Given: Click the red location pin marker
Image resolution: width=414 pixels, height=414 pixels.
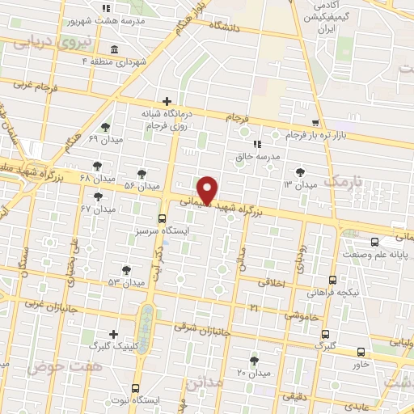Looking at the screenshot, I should point(209,189).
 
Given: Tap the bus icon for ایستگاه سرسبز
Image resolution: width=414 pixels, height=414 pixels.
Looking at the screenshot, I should point(163,218).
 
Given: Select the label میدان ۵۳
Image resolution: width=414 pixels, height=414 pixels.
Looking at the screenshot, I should point(125,282).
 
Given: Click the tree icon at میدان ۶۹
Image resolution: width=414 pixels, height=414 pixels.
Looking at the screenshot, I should point(106,127).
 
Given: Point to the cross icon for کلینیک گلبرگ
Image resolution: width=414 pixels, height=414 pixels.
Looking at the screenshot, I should point(113,334).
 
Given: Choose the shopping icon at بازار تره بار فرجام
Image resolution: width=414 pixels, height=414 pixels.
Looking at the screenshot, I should point(315,121).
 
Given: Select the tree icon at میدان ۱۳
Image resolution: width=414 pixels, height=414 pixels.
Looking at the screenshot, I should point(301,171).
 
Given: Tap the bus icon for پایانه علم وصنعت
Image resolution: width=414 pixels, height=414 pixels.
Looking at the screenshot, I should point(373,242).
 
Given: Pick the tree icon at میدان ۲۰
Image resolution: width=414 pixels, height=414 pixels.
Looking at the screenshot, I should point(255,360).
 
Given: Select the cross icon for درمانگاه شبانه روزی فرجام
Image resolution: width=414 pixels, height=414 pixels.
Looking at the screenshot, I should point(167,101).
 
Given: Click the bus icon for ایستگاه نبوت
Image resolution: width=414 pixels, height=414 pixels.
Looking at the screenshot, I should point(135,387).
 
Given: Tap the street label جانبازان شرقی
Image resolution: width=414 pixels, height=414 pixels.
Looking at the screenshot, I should point(203,330).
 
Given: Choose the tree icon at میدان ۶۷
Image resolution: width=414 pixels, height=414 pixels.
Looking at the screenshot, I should point(99,196).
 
